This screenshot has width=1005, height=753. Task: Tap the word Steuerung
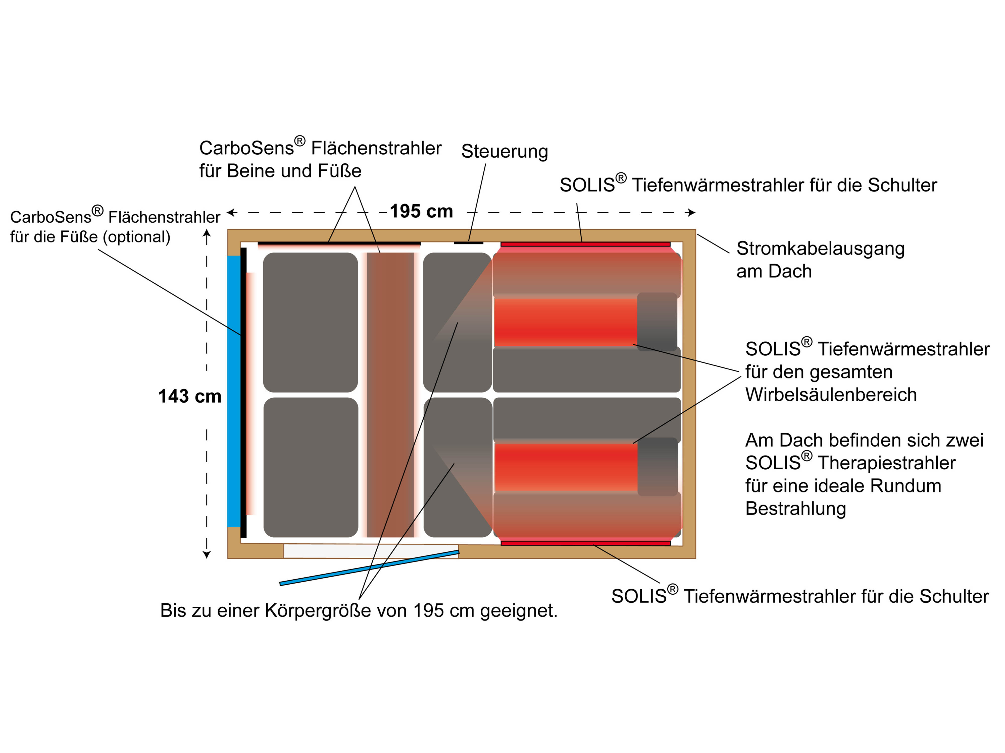pos(504,151)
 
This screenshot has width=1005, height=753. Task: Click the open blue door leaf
pos(369,567)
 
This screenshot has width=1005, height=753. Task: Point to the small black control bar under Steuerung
pos(468,243)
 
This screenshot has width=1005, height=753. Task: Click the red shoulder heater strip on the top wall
pos(585,244)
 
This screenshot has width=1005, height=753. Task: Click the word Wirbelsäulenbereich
pos(831,395)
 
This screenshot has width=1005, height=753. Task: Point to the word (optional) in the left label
pos(136,237)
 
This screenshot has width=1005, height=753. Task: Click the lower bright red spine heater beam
pos(565,468)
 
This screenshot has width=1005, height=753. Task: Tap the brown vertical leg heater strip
pos(390,395)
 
